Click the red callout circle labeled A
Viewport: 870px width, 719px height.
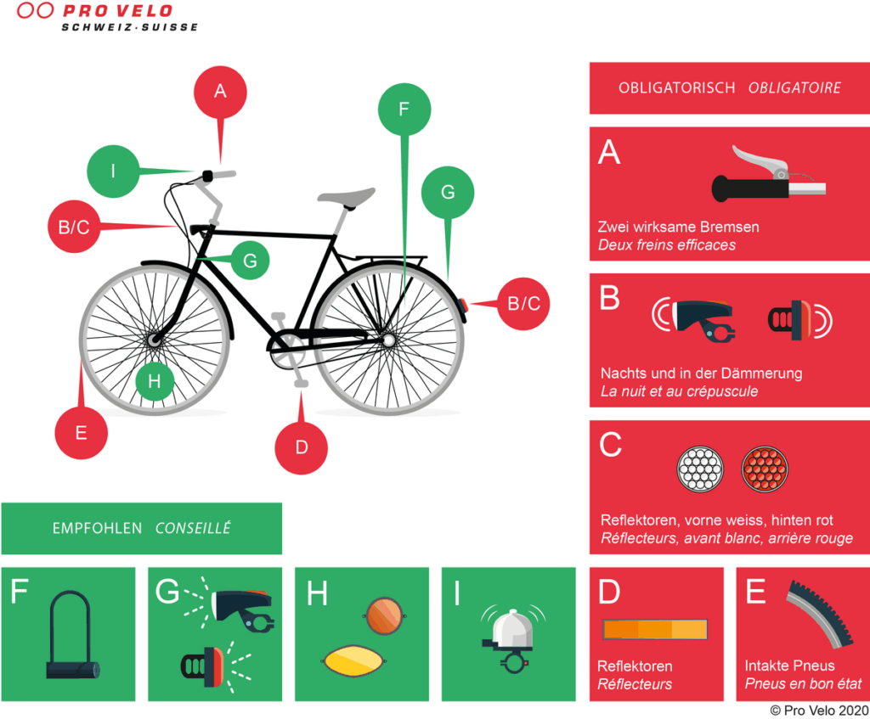[220, 91]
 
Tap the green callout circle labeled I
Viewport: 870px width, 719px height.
[113, 171]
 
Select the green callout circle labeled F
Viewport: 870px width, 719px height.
[404, 109]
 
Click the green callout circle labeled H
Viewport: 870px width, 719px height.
[154, 381]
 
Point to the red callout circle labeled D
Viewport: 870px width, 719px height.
[301, 446]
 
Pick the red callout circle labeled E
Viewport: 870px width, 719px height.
[81, 433]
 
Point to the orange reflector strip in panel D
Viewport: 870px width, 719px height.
[655, 629]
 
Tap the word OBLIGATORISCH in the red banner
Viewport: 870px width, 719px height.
[676, 88]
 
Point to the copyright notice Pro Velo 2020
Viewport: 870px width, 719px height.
[819, 710]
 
